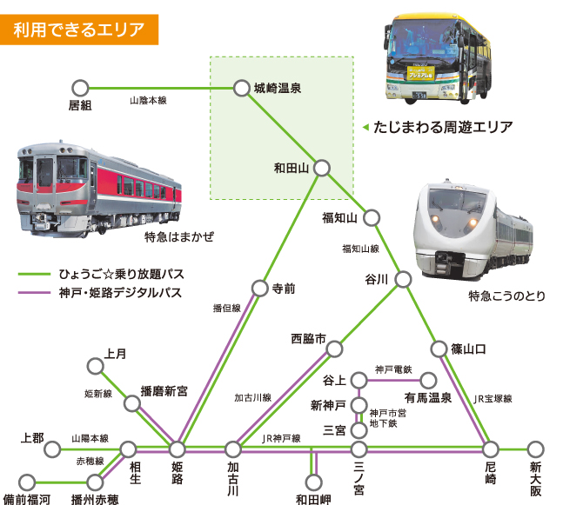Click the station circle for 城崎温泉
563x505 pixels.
pos(241,88)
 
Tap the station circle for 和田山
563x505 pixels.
pos(322,168)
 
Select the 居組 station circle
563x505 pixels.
pos(80,88)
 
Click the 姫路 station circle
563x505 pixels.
pos(178,449)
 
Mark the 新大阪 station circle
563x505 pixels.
pos(536,449)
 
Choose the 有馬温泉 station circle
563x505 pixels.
pos(427,381)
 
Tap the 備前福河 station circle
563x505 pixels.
pos(27,481)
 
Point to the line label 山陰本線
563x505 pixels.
pos(148,102)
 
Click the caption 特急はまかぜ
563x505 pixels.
pos(178,236)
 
